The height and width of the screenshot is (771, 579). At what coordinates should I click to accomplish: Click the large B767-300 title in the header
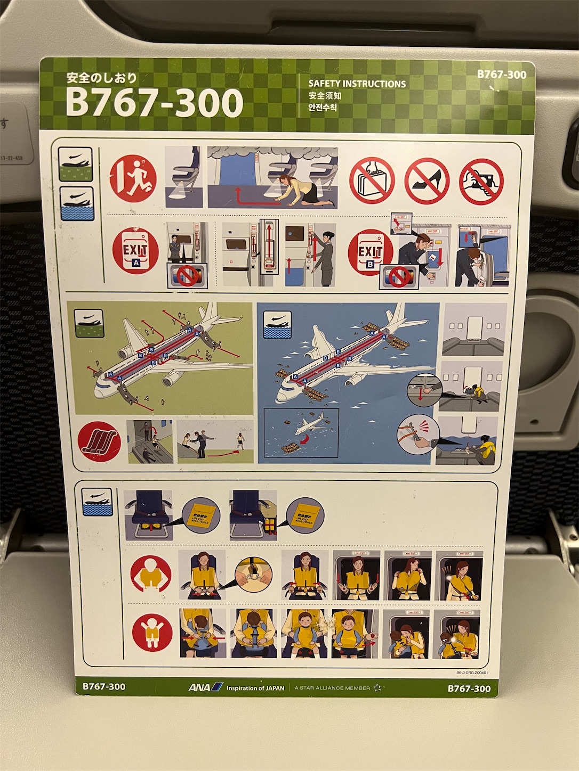154,103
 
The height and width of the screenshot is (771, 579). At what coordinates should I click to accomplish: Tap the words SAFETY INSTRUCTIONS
357,84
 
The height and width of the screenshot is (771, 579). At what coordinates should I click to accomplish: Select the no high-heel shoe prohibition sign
427,181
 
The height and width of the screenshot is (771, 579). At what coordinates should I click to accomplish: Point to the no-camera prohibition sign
481,182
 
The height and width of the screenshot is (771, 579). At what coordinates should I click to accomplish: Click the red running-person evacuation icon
133,178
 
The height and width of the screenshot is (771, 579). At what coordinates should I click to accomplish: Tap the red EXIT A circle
135,250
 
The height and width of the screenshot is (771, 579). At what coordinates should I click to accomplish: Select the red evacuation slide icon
99,441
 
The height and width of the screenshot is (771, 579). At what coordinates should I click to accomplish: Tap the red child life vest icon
152,633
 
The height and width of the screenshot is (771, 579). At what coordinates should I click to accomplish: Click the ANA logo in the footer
205,687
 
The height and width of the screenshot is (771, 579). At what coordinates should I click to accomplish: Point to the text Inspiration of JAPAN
255,688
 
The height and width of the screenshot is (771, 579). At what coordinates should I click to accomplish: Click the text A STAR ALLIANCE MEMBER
332,688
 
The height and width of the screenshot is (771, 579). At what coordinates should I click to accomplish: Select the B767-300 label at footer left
104,686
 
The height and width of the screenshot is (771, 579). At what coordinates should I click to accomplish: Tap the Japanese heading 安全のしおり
102,78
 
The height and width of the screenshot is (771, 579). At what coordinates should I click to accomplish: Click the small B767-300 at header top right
501,75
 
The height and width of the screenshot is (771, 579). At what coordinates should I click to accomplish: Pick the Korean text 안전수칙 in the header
323,108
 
